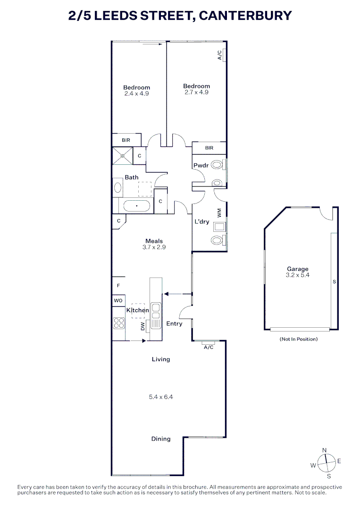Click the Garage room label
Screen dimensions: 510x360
(297, 269)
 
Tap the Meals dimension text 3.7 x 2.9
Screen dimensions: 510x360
(154, 247)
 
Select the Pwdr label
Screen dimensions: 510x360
(201, 166)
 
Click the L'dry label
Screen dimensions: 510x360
(202, 221)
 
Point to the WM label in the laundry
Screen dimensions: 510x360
(219, 213)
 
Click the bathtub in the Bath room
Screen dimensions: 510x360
(137, 206)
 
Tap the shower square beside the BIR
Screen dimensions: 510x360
(123, 155)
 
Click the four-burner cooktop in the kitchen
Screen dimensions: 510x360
(118, 323)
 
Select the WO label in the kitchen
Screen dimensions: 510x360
(118, 300)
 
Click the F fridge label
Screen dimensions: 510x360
(118, 286)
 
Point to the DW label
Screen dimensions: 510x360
(143, 326)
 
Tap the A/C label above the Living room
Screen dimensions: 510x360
(209, 348)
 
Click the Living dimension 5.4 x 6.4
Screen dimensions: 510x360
(161, 397)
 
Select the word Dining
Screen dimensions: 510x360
(161, 439)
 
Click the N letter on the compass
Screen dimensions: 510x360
(325, 450)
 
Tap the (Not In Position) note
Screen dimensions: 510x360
(299, 339)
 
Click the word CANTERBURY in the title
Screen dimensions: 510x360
(245, 16)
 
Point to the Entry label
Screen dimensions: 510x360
(174, 324)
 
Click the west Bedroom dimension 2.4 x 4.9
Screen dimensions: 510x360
(136, 93)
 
